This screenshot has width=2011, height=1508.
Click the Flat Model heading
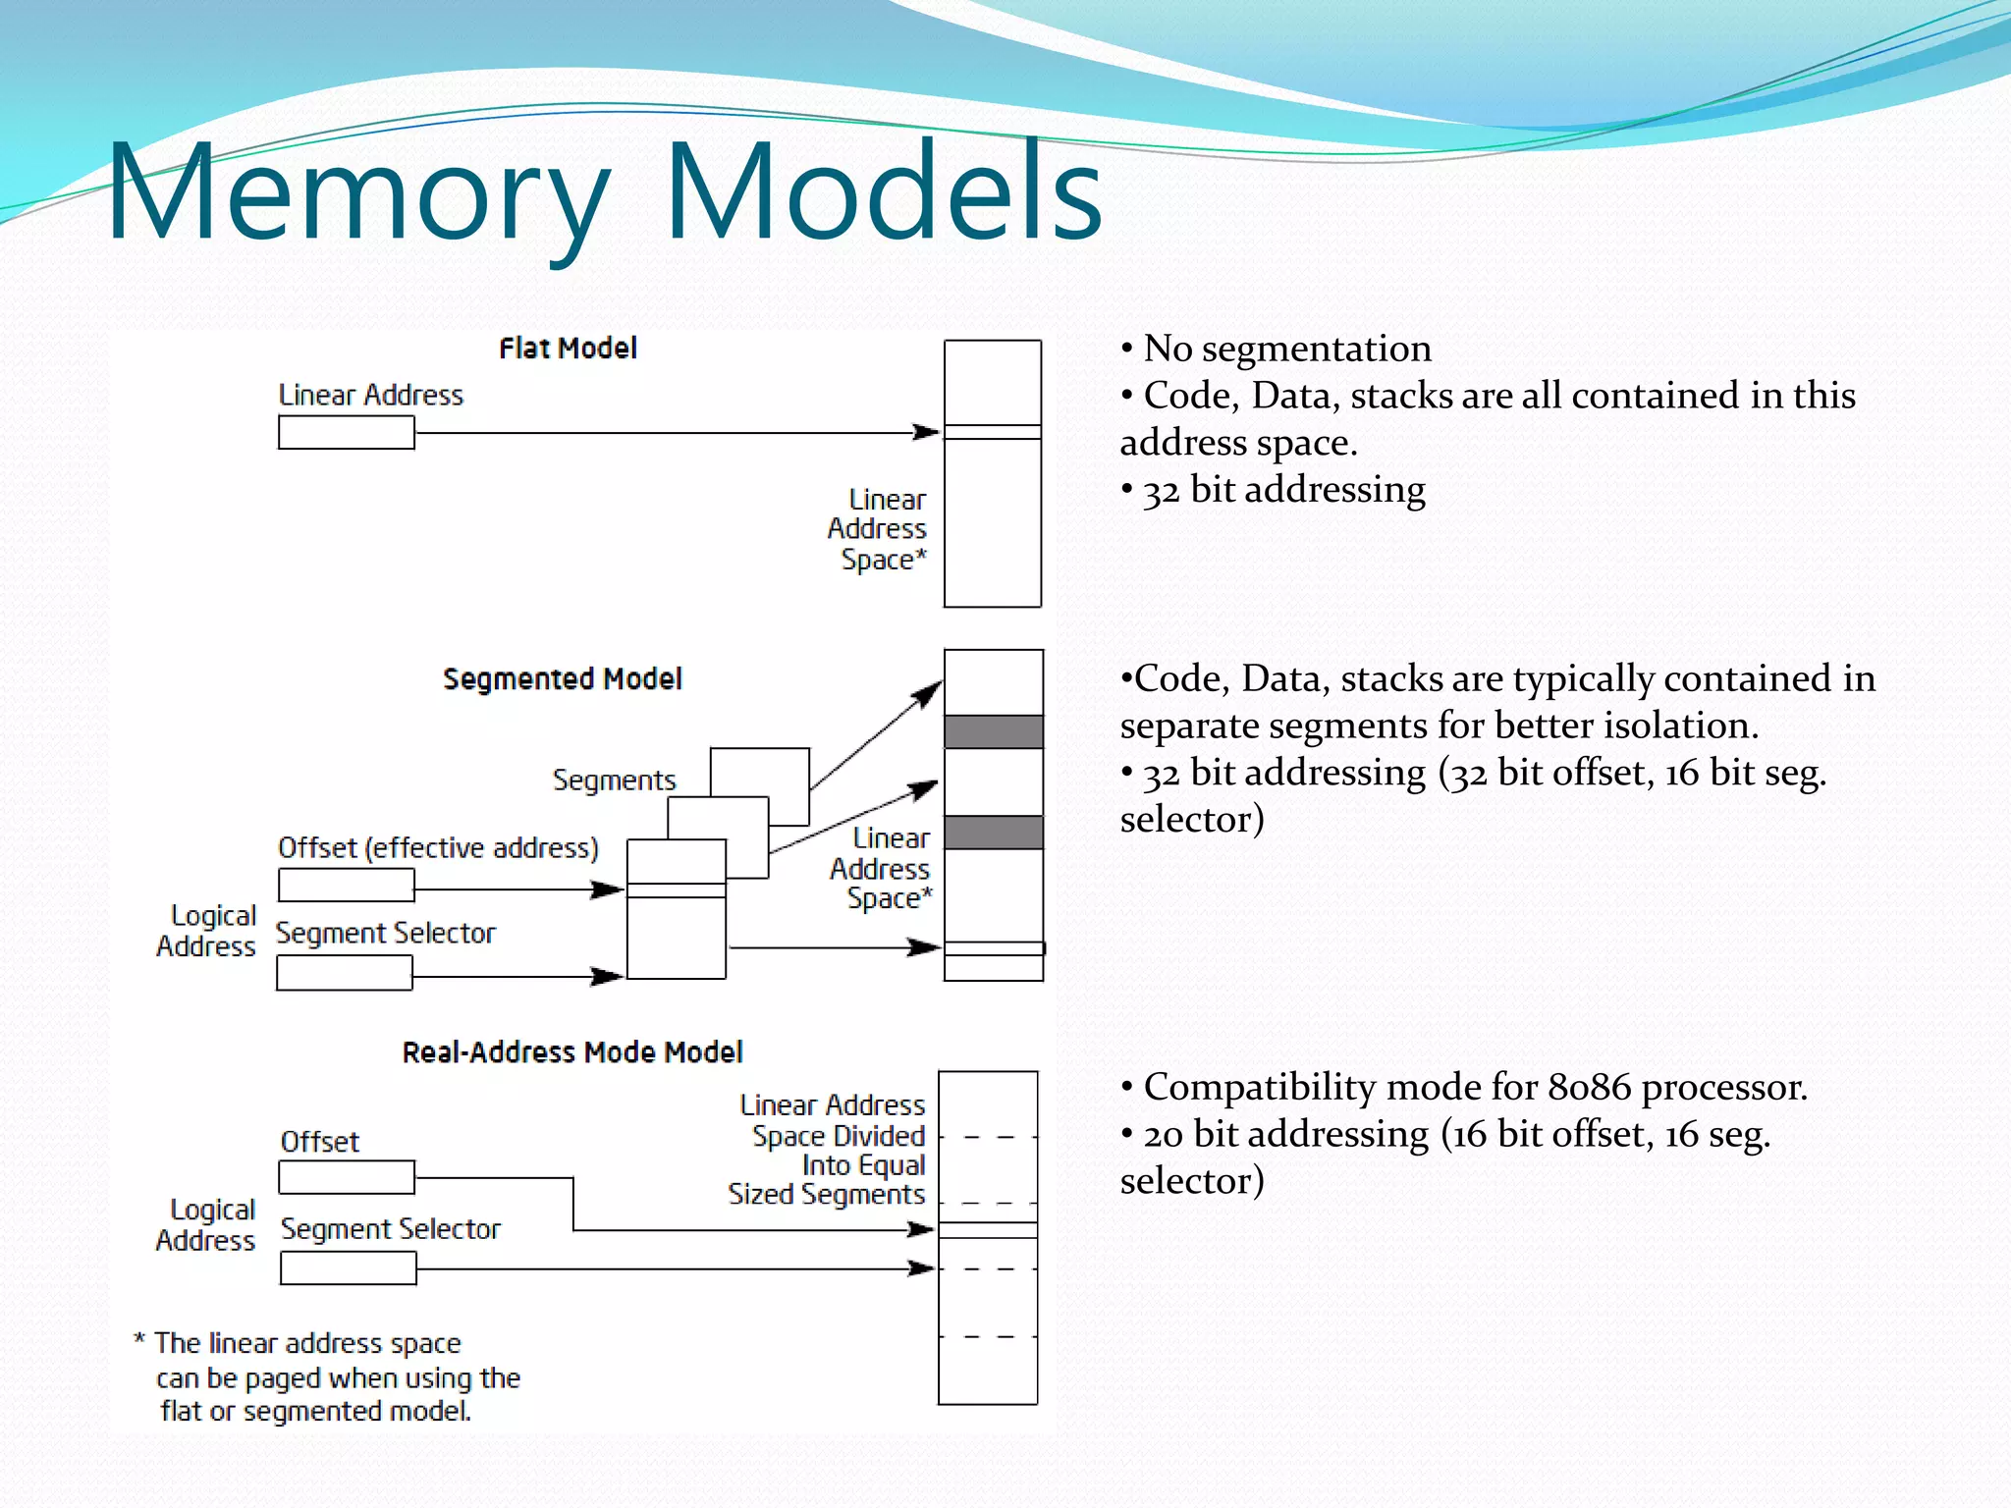tap(568, 349)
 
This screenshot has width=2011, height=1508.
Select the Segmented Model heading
tap(562, 679)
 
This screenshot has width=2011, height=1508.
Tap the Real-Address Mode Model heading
tap(572, 1052)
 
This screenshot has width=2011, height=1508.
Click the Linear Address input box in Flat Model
tap(346, 433)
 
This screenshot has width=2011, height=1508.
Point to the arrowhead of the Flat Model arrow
tap(928, 432)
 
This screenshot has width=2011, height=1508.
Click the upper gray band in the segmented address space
tap(993, 732)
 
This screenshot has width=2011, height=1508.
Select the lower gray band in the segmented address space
tap(993, 833)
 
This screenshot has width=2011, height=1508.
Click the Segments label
tap(614, 781)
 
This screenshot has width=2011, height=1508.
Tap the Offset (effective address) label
tap(438, 848)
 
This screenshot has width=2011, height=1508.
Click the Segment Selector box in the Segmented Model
tap(344, 973)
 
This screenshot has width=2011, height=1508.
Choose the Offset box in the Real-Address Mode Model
tap(346, 1177)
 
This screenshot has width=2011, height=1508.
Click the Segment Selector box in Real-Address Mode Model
tap(348, 1268)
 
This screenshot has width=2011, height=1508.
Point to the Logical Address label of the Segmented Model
tap(207, 931)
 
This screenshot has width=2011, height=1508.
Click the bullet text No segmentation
tap(1286, 349)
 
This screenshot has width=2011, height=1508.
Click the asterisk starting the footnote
tap(139, 1341)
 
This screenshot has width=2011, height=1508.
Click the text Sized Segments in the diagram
tap(826, 1195)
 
